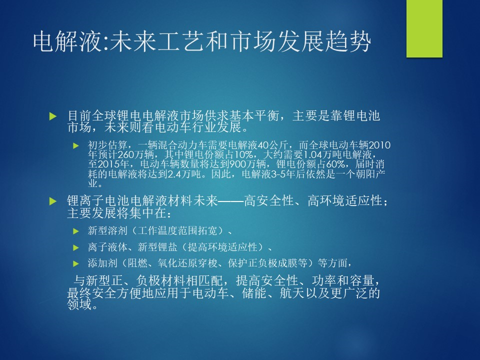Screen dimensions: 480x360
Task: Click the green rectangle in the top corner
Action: pyautogui.click(x=424, y=28)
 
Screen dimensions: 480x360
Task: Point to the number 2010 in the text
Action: pyautogui.click(x=379, y=145)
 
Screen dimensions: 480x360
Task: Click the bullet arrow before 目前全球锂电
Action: pyautogui.click(x=53, y=116)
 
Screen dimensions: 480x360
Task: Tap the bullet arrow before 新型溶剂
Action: pyautogui.click(x=76, y=231)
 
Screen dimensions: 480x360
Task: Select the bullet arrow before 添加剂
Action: pyautogui.click(x=76, y=263)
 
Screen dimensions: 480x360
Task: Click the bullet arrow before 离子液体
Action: pyautogui.click(x=76, y=247)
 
